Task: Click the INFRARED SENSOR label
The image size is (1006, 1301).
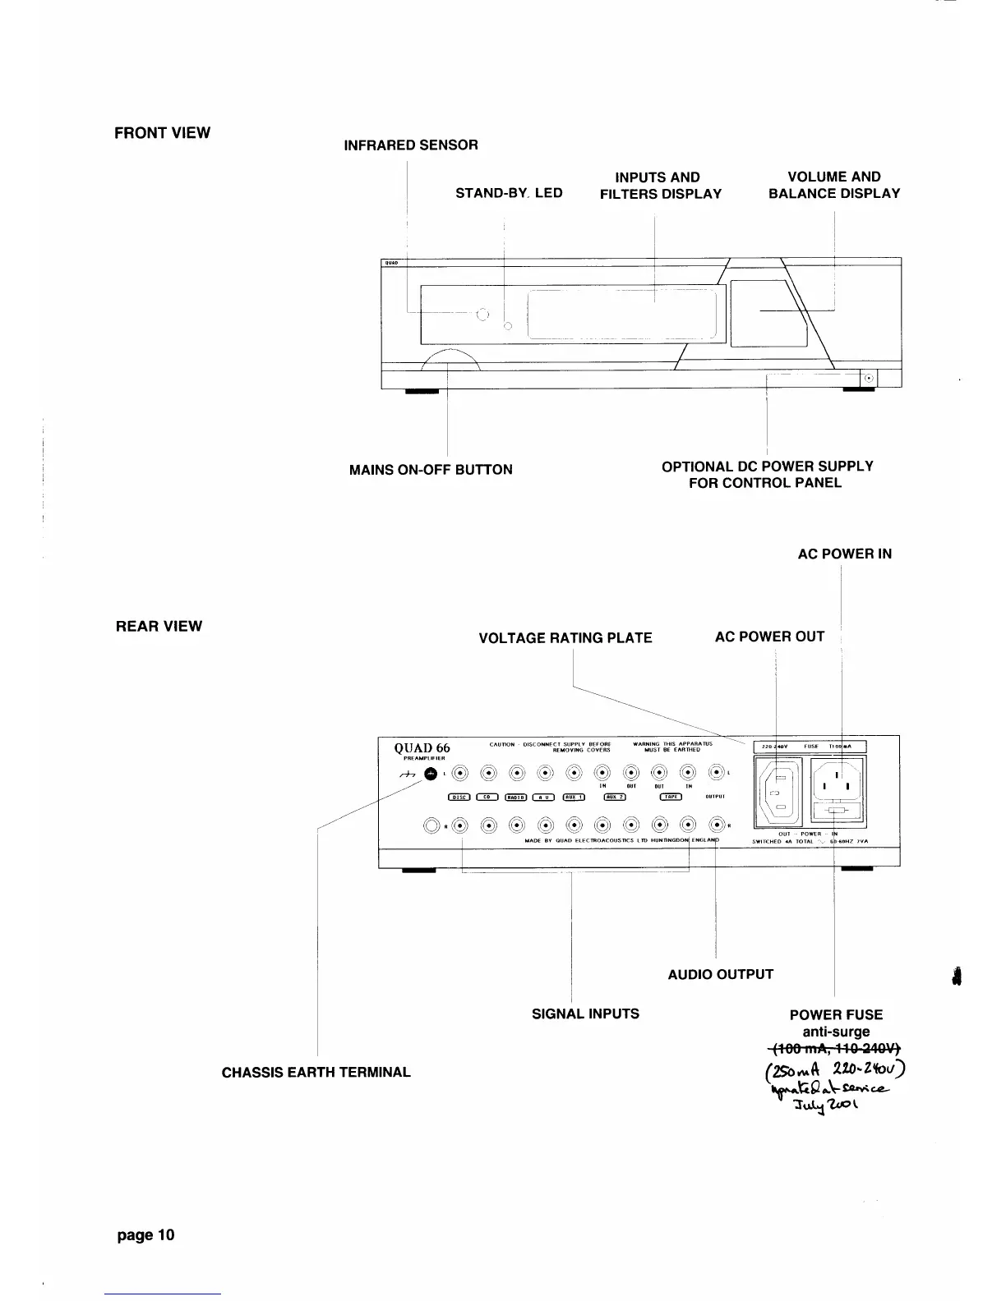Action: [410, 145]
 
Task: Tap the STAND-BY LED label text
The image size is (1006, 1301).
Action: [509, 193]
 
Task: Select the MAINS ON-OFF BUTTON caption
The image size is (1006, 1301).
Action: [431, 470]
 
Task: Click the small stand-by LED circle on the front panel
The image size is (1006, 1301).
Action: [507, 327]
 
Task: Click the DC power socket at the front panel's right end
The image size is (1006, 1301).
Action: [870, 379]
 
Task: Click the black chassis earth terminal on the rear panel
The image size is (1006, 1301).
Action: [430, 774]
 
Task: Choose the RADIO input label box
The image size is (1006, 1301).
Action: [516, 797]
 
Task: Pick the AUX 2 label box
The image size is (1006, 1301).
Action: [616, 797]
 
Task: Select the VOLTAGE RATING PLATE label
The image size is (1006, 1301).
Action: [565, 638]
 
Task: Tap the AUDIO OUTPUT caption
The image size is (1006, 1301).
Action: [721, 975]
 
